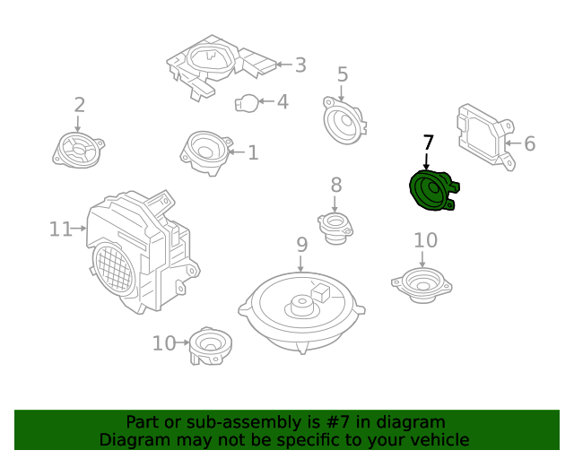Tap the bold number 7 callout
pos(428,143)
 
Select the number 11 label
pos(59,229)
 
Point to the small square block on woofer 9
pos(322,290)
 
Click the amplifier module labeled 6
pos(483,137)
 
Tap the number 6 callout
pos(529,143)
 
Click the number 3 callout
pos(300,65)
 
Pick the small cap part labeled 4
pos(246,103)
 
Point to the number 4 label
pos(283,102)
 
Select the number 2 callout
pos(79,105)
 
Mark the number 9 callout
pos(301,244)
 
